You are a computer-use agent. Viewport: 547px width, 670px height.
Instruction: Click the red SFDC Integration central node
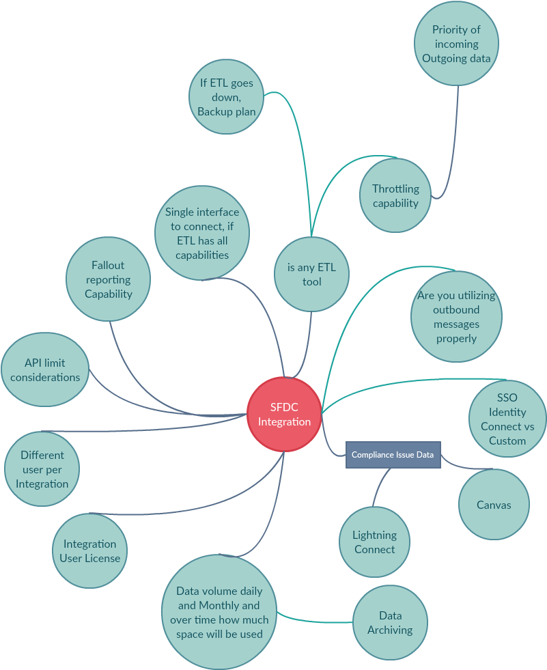[x=284, y=414]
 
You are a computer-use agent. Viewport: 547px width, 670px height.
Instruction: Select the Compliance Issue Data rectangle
[x=393, y=455]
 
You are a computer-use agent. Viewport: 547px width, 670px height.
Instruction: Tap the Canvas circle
[x=494, y=505]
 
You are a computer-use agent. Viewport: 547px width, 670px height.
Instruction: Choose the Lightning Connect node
[x=375, y=542]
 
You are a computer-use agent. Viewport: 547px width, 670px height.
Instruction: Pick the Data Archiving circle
[x=390, y=623]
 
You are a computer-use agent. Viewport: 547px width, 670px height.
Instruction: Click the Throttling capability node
[x=395, y=195]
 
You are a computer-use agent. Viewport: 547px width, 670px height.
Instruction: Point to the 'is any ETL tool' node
[x=311, y=275]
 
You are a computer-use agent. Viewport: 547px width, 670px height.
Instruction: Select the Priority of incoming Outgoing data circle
[x=456, y=44]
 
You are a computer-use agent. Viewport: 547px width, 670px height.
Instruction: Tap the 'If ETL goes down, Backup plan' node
[x=227, y=96]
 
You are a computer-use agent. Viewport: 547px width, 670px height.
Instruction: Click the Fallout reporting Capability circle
[x=108, y=279]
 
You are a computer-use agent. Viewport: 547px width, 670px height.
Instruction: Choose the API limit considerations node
[x=45, y=369]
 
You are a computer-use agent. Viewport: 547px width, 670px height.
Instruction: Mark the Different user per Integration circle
[x=42, y=469]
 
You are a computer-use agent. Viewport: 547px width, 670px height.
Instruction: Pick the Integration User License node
[x=89, y=550]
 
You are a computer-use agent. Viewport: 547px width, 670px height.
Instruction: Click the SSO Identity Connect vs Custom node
[x=507, y=419]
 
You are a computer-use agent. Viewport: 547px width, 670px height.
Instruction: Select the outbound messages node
[x=456, y=317]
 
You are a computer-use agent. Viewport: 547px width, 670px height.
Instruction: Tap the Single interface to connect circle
[x=202, y=233]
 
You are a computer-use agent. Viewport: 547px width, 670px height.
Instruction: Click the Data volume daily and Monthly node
[x=219, y=612]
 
